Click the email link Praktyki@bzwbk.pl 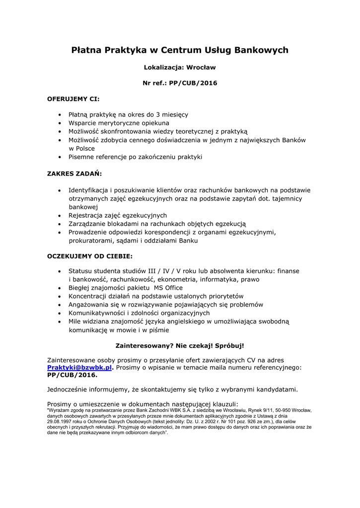click(79, 368)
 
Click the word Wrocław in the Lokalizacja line click(201, 67)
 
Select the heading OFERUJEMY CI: click(73, 99)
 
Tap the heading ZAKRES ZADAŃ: click(74, 174)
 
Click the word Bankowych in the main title click(261, 50)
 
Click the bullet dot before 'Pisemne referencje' click(60, 157)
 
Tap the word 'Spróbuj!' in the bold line click(229, 345)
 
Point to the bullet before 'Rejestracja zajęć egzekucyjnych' click(60, 216)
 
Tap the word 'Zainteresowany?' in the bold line click(142, 345)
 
